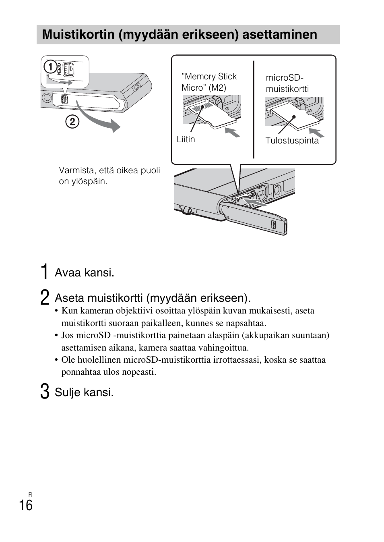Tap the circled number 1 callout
click(50, 67)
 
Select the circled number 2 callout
click(72, 121)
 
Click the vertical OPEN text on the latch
click(59, 69)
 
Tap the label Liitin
click(186, 139)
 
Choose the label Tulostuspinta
click(292, 141)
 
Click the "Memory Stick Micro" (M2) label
click(209, 82)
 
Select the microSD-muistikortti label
click(287, 83)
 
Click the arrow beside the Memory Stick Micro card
click(233, 132)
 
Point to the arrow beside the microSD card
click(316, 133)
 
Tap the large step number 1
click(45, 272)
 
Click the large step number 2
click(45, 298)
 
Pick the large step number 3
click(45, 392)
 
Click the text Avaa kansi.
click(85, 273)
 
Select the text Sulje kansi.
click(84, 392)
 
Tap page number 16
click(26, 505)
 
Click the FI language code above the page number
click(31, 494)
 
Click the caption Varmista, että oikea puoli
click(109, 170)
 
